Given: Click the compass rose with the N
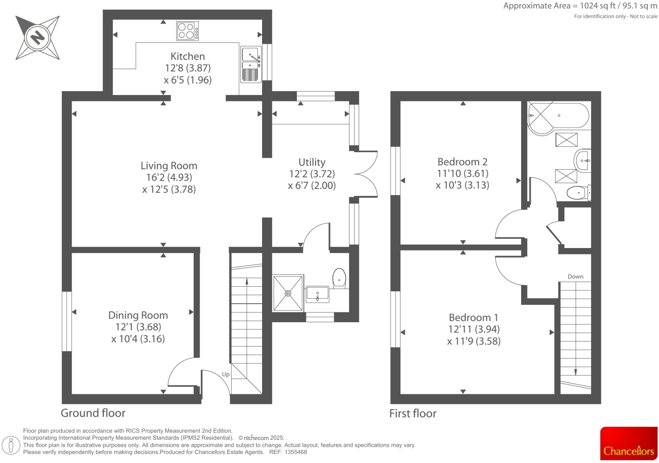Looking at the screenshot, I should tap(37, 37).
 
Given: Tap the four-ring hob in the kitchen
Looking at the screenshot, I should tap(187, 31).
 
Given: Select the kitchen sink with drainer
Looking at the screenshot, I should tap(250, 64).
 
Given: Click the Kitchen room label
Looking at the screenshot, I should tap(187, 56).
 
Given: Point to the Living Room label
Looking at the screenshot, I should tap(169, 166).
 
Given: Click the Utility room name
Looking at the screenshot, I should tap(312, 162).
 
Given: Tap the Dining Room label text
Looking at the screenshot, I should tap(138, 315).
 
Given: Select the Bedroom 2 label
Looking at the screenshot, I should tap(462, 162).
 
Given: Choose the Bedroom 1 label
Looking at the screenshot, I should tap(473, 318).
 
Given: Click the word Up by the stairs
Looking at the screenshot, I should tap(226, 374).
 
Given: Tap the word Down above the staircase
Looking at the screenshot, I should tap(575, 276).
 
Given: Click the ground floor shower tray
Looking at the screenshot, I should tap(288, 293).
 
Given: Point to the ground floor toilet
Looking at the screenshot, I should tap(339, 278).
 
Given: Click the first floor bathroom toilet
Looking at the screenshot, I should tap(578, 193).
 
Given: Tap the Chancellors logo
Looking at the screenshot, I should tap(628, 443).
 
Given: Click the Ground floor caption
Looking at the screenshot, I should tap(93, 413).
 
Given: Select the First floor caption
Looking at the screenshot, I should tap(413, 413).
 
